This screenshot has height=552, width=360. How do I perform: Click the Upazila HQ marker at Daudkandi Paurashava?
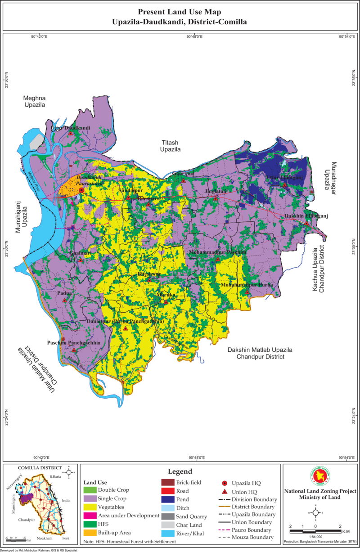[81, 191]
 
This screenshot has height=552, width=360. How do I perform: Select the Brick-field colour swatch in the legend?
[167, 482]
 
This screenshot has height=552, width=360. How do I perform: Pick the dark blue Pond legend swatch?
[167, 499]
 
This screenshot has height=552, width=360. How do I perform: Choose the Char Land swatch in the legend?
[167, 525]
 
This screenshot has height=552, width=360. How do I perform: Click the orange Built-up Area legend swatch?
[90, 532]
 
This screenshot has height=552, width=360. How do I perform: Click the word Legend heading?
[180, 471]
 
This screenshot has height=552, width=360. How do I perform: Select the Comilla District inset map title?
[40, 468]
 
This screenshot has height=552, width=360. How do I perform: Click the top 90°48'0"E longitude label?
[194, 36]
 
